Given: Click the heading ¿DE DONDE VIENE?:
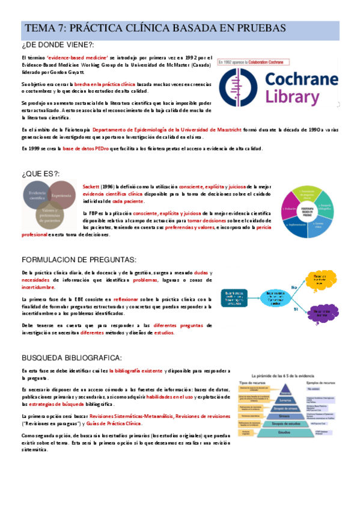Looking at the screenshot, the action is (58, 45).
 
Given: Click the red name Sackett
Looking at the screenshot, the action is (91, 187).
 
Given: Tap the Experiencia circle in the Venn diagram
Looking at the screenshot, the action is (62, 196).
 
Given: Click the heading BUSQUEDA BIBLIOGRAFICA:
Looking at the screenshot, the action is (72, 357).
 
